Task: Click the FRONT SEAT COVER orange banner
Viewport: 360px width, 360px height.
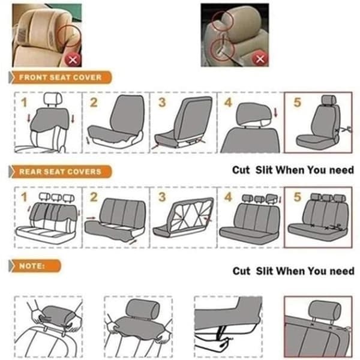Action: [60, 77]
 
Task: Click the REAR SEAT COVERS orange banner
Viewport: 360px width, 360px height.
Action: [60, 172]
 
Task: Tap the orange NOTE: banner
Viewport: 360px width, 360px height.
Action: [35, 266]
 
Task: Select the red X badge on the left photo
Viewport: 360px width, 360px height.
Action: [73, 60]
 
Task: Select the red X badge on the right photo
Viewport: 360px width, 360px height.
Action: [260, 59]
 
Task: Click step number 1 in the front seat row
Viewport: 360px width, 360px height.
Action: [24, 103]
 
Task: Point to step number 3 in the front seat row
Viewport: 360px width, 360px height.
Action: [162, 103]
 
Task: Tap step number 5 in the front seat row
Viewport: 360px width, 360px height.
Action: [297, 103]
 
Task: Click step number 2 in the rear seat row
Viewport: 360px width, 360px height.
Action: [94, 197]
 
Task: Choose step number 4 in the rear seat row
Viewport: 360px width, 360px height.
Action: [228, 197]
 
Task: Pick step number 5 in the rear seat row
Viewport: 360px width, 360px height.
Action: [297, 197]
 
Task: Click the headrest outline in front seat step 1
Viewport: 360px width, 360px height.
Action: [53, 99]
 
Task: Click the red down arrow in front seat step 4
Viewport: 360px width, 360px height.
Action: [276, 113]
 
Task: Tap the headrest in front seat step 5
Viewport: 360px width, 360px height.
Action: [329, 100]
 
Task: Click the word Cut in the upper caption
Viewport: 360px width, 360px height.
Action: [241, 170]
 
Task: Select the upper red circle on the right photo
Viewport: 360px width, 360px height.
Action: [222, 21]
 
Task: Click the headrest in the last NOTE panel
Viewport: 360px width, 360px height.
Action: [325, 309]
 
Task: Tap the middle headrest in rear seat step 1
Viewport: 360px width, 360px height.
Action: [56, 197]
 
